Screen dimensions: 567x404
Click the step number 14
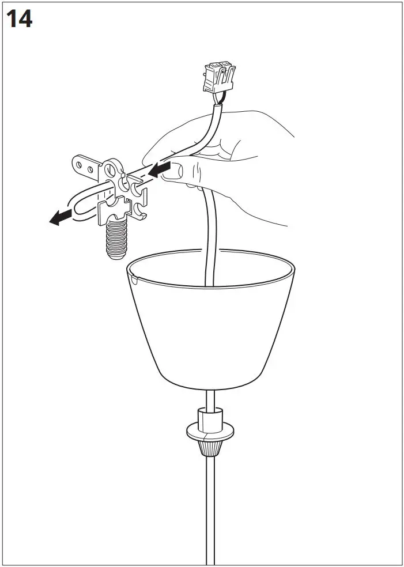click(x=19, y=20)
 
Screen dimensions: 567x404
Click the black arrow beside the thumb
click(x=156, y=170)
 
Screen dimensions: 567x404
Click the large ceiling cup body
click(x=211, y=334)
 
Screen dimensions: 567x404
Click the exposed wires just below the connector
click(x=218, y=99)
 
